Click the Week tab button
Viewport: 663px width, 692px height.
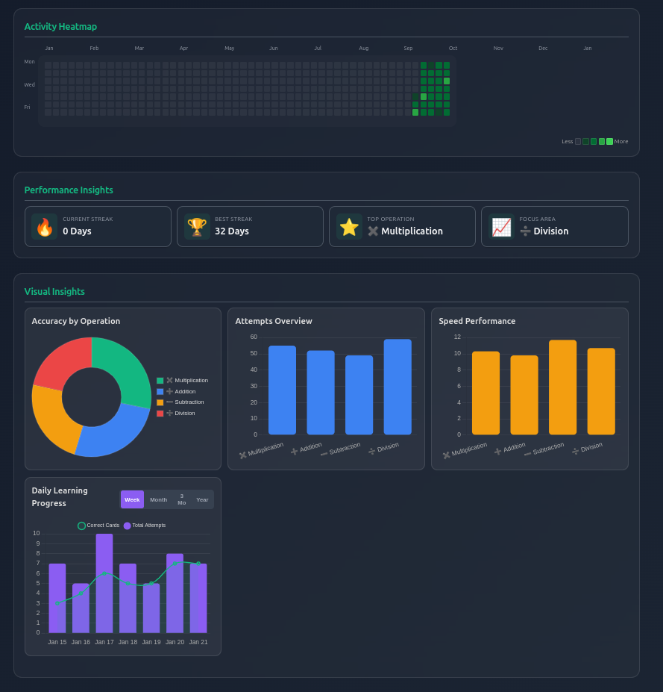point(132,499)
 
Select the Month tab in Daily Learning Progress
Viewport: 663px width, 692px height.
point(158,499)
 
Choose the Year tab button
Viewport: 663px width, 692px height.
point(202,499)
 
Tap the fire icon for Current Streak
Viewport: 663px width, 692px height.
point(45,227)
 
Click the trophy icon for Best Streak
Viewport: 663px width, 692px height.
point(197,227)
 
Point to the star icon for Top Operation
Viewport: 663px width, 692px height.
point(349,227)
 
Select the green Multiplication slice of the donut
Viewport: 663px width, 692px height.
point(123,366)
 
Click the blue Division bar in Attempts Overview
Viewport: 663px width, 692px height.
point(398,387)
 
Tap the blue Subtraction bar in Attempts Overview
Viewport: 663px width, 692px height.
point(359,395)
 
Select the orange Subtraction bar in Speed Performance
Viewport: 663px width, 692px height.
point(562,387)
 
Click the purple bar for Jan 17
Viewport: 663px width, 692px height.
point(104,583)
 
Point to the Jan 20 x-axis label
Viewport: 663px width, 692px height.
point(175,642)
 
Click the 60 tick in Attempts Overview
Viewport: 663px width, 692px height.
point(254,337)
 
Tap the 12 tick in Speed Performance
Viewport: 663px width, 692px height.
point(457,337)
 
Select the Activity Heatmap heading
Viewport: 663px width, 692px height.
point(60,27)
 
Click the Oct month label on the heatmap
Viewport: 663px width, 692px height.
point(453,49)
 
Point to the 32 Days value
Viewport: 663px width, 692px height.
point(232,231)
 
